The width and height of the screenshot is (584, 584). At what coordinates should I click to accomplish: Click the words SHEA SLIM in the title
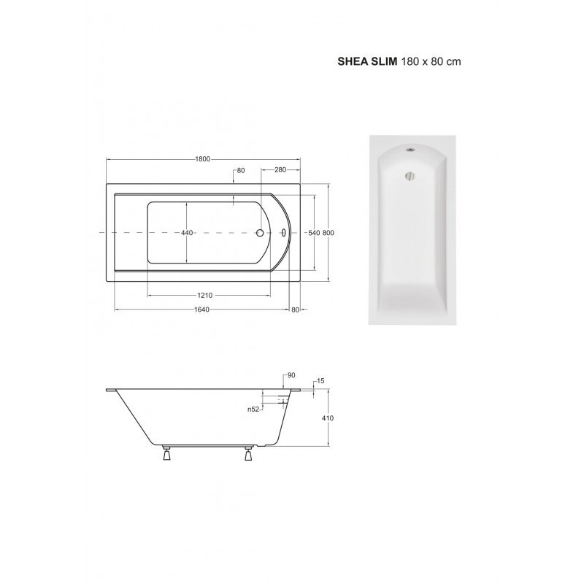(x=367, y=61)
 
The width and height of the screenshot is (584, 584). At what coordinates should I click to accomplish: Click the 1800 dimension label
(x=203, y=159)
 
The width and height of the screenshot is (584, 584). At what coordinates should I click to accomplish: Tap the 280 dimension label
(x=280, y=170)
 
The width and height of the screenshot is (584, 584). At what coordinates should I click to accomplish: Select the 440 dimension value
(x=187, y=233)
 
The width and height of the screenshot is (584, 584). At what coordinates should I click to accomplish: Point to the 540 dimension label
(x=315, y=233)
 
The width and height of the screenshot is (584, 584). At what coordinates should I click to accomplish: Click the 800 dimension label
(x=328, y=233)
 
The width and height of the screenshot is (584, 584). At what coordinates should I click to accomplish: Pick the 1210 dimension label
(x=205, y=296)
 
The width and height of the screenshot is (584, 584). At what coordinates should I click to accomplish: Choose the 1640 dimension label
(x=201, y=310)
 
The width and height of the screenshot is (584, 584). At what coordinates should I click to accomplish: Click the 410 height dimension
(x=328, y=418)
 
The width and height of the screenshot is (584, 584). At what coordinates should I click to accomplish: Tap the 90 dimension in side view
(x=291, y=375)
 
